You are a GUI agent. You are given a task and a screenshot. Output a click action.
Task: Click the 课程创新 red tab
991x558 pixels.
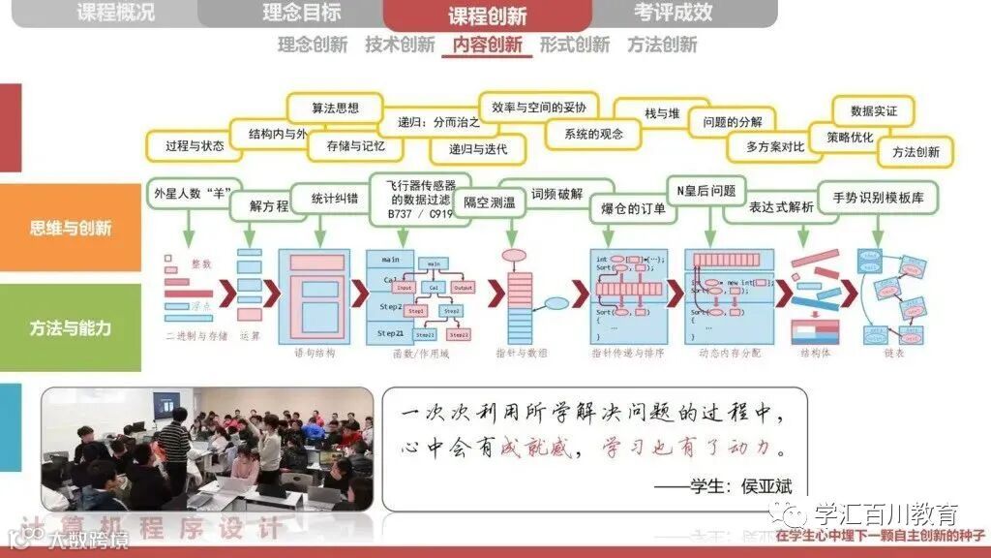[487, 15]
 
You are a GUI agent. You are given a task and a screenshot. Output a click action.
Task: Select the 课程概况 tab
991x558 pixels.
[115, 13]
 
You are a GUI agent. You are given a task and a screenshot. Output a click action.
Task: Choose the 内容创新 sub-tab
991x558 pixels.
[487, 45]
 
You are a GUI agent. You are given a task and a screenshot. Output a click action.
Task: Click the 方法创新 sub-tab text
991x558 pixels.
[662, 45]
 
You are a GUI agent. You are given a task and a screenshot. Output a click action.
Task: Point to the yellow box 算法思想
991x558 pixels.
[335, 108]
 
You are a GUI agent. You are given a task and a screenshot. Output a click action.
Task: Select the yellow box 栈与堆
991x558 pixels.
[662, 113]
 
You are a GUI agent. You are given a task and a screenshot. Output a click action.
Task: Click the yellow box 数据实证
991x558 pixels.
[873, 110]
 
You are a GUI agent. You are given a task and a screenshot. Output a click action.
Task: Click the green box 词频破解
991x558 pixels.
[556, 194]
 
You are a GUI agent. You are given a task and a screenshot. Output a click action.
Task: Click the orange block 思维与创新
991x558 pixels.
[71, 229]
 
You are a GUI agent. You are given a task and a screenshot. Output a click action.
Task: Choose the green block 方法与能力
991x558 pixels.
[71, 327]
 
